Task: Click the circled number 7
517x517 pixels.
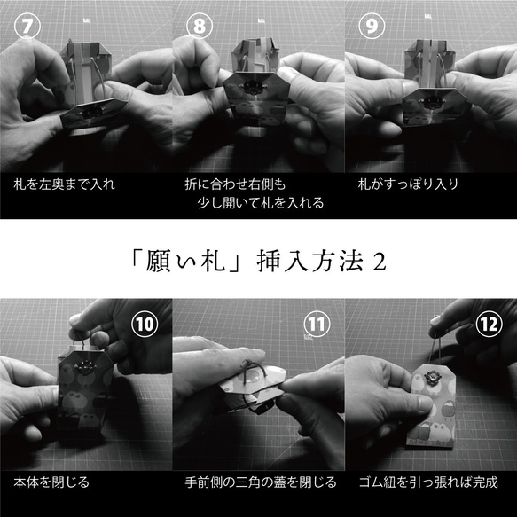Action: [27, 26]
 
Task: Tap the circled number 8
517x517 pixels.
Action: [200, 26]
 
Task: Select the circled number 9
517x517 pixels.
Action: [372, 26]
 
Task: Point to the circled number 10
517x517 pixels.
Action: [145, 324]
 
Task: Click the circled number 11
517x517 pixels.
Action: [317, 324]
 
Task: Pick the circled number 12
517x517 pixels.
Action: [490, 324]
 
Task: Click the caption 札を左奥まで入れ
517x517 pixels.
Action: [65, 184]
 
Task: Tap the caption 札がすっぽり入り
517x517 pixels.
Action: [408, 184]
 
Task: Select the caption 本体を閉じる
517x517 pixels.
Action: [51, 482]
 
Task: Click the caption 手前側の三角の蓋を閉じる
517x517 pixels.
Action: [261, 482]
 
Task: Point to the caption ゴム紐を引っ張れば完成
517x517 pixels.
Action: [428, 482]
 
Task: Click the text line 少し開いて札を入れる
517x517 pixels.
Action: [261, 203]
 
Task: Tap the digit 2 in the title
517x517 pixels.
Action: [380, 262]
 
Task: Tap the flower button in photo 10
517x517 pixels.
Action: [85, 367]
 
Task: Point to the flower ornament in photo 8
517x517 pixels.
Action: [254, 88]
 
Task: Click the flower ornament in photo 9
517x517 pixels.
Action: [430, 102]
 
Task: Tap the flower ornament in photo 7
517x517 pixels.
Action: [92, 113]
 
